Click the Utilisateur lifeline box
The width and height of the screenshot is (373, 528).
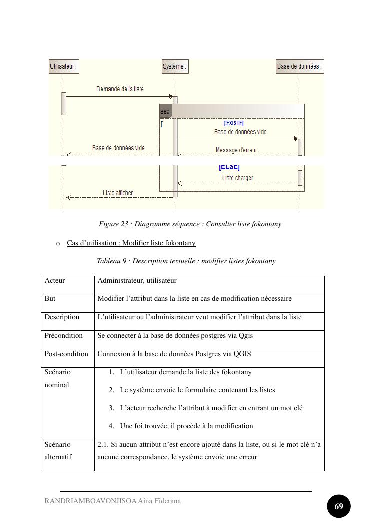point(64,66)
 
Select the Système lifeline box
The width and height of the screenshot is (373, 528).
point(175,66)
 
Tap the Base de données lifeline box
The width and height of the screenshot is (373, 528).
point(300,66)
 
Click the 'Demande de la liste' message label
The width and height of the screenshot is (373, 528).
point(120,89)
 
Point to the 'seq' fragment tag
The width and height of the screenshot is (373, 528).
point(165,111)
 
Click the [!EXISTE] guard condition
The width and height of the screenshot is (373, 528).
point(233,123)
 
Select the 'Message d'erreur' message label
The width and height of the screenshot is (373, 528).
point(236,150)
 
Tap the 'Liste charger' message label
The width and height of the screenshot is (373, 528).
point(237,178)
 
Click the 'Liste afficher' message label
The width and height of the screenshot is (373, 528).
point(118,193)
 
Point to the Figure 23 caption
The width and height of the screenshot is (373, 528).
point(190,224)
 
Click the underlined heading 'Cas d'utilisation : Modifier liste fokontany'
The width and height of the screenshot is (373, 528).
point(131,243)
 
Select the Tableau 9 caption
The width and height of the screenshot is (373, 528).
point(186,261)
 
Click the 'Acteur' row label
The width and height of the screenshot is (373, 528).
point(55,280)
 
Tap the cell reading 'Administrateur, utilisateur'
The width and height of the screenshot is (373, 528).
point(137,280)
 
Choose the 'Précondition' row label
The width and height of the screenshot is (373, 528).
point(63,336)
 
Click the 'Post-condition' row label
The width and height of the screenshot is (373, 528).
point(66,354)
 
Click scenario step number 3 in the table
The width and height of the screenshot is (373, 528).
point(111,408)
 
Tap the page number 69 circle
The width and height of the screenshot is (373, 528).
point(338,506)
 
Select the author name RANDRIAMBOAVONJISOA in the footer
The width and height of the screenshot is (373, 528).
point(90,501)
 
